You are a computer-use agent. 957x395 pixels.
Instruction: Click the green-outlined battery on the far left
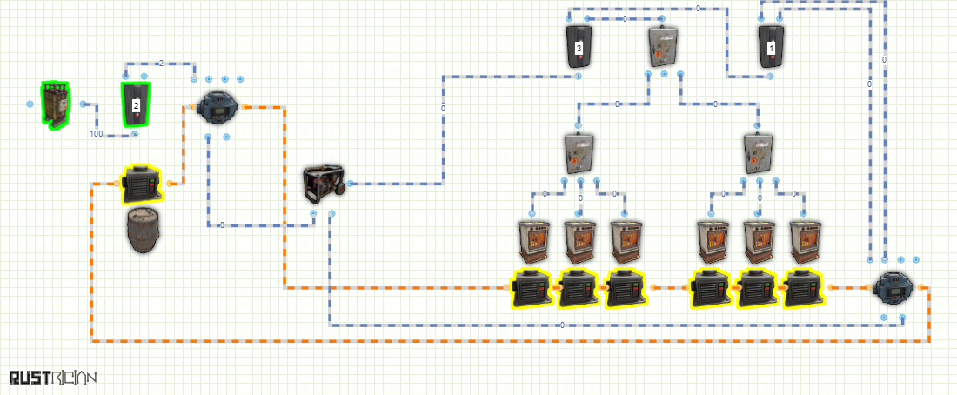(55, 105)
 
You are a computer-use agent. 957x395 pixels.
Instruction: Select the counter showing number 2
(136, 104)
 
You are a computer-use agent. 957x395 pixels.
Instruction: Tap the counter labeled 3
(579, 47)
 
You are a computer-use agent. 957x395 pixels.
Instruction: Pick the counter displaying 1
(772, 47)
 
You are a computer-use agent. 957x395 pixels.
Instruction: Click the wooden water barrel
(145, 230)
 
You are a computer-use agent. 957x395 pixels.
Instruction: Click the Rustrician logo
(53, 378)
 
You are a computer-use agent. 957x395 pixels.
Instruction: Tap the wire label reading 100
(97, 134)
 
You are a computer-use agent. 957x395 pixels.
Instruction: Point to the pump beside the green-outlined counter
(217, 106)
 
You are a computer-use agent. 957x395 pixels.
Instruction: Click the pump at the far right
(893, 288)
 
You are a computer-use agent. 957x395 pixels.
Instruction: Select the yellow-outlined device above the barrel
(142, 184)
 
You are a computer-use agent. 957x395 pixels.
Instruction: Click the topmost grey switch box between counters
(663, 46)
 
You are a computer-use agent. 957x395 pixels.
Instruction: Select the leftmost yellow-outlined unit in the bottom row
(531, 288)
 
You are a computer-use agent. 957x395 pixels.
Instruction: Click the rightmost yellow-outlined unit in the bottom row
(804, 288)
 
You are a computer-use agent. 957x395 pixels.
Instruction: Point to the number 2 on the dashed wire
(161, 63)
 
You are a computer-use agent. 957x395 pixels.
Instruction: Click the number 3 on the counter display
(579, 47)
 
